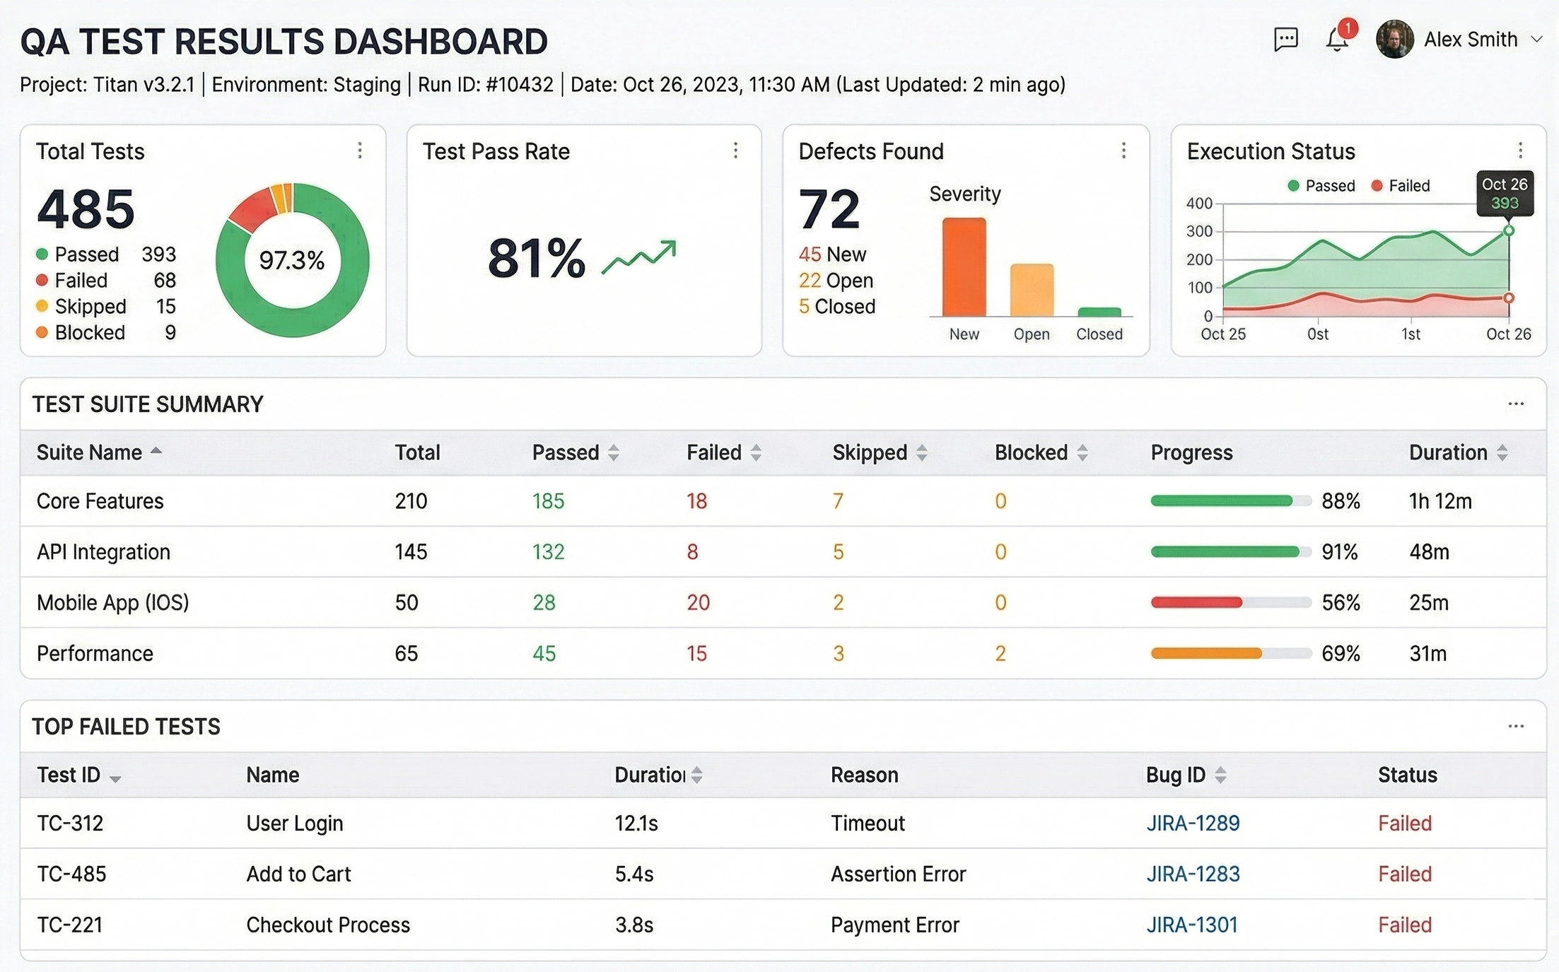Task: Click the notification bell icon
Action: coord(1336,40)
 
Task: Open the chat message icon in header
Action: coord(1285,40)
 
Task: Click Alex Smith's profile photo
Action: coord(1394,40)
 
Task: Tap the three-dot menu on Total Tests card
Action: coord(360,151)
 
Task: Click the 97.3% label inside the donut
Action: coord(291,260)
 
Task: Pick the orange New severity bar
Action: coord(964,267)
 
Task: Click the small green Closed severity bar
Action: coord(1099,312)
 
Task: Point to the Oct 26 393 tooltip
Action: coord(1505,193)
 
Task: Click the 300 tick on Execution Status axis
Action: coord(1199,231)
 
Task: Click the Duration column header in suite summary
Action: coord(1447,452)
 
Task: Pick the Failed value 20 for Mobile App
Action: coord(698,602)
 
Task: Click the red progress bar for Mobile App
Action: coord(1196,602)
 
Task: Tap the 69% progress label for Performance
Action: coord(1341,653)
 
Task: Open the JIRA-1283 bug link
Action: coord(1193,874)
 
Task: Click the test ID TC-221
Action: coord(70,925)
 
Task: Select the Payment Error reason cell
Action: coord(894,925)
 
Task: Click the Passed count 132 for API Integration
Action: coord(548,551)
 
